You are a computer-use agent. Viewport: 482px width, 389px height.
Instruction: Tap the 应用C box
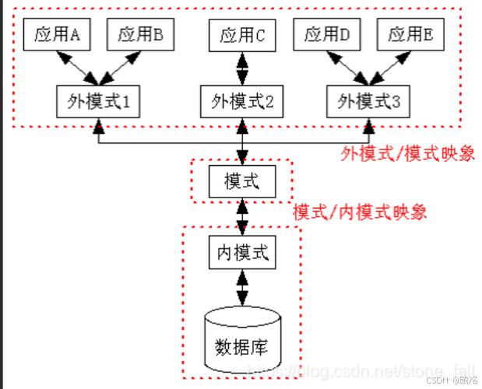click(x=242, y=35)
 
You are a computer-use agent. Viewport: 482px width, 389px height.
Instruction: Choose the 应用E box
click(x=410, y=35)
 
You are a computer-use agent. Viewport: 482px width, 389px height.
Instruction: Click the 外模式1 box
click(x=99, y=100)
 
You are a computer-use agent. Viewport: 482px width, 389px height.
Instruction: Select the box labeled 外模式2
click(x=242, y=100)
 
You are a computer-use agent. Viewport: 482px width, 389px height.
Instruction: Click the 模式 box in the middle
click(x=242, y=181)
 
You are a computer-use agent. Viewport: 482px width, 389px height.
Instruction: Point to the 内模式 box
click(x=242, y=254)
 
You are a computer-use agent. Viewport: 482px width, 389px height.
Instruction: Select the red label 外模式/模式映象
click(x=408, y=153)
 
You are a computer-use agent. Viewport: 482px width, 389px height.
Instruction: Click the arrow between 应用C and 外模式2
click(x=242, y=68)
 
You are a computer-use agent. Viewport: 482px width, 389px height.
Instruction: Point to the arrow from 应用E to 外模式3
click(x=389, y=68)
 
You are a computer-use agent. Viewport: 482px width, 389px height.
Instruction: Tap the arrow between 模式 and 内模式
click(x=242, y=218)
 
